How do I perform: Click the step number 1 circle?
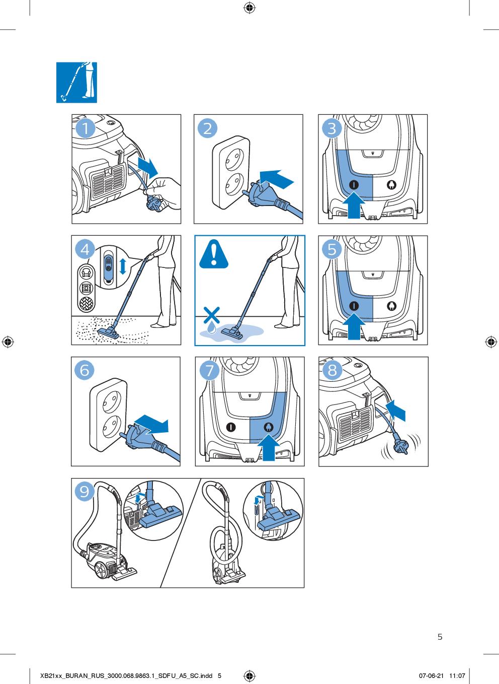tap(86, 128)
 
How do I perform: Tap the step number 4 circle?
tap(85, 249)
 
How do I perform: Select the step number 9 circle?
tap(84, 491)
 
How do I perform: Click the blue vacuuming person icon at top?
tap(76, 83)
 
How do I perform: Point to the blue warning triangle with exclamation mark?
tap(213, 254)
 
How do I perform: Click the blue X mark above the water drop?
tap(212, 315)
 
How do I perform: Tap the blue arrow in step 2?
tap(276, 179)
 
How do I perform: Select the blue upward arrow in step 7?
tap(269, 449)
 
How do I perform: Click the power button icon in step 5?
tap(354, 306)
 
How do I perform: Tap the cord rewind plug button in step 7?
tap(269, 427)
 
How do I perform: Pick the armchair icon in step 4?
tap(86, 272)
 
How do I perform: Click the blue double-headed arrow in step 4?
tap(123, 266)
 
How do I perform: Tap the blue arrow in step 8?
tap(396, 410)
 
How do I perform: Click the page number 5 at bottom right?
tap(440, 637)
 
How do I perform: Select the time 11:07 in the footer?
tap(457, 676)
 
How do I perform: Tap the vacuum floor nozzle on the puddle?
tap(232, 332)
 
